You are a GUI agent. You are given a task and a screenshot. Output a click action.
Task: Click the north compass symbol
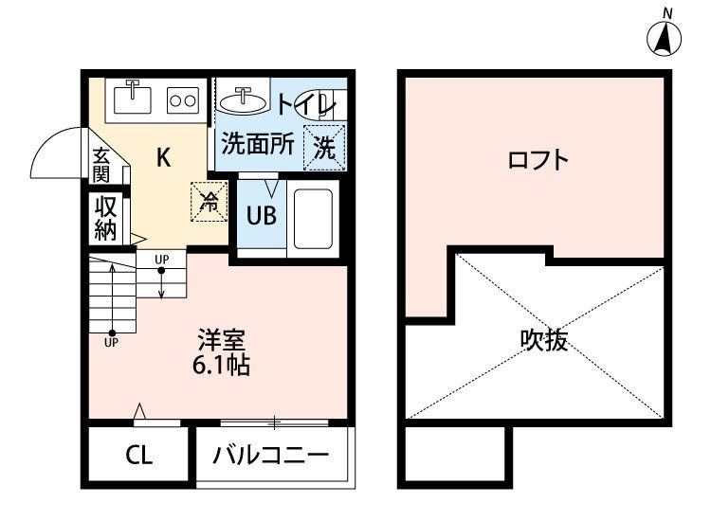[666, 36]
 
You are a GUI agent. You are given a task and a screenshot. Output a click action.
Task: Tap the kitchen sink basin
[134, 97]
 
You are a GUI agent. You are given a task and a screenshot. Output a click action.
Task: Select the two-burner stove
[182, 97]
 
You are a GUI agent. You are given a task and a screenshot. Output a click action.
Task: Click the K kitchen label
[163, 157]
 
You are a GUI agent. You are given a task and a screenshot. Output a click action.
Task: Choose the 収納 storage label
[103, 217]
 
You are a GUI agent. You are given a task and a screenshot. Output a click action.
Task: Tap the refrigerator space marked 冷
[210, 201]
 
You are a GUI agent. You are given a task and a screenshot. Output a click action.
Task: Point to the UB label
[261, 215]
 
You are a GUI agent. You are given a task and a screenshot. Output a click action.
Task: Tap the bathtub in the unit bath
[311, 217]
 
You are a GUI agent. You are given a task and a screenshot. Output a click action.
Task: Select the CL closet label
[138, 456]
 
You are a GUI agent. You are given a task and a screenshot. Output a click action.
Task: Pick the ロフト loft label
[538, 159]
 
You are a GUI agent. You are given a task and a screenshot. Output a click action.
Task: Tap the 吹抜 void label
[544, 340]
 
